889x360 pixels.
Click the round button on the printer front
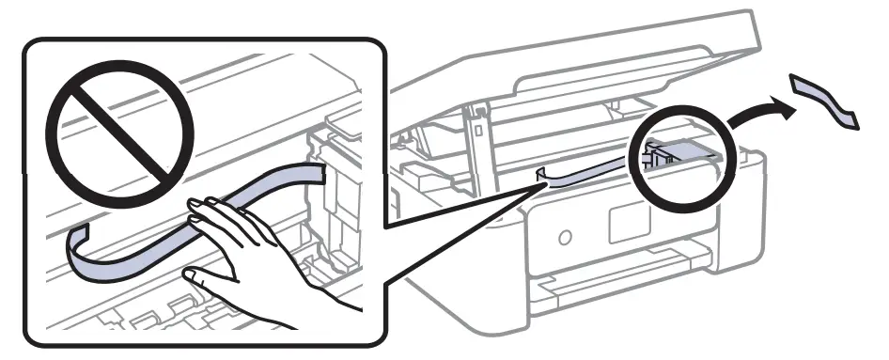click(x=564, y=236)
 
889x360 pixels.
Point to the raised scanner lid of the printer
click(x=583, y=56)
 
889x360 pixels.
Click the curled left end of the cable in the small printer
click(x=542, y=175)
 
